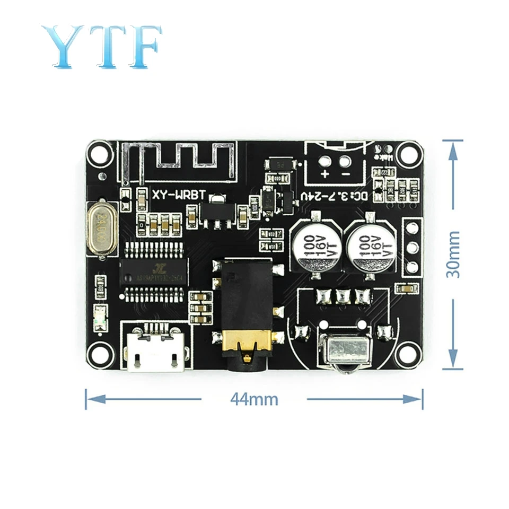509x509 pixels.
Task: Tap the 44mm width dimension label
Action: [x=254, y=399]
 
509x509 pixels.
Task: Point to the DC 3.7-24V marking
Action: [x=334, y=196]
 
